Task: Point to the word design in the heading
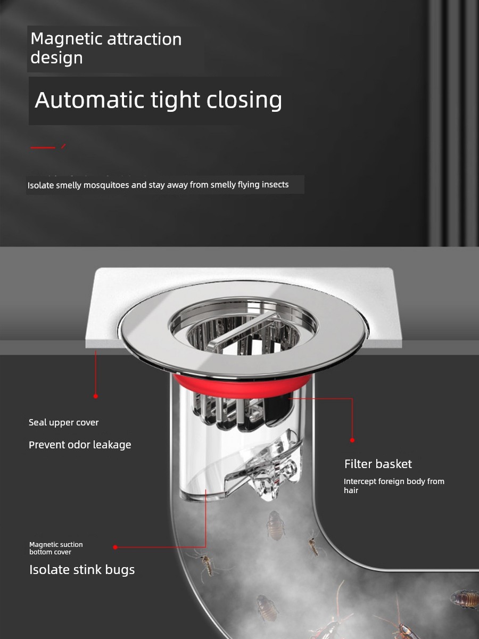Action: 56,58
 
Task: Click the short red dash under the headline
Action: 43,148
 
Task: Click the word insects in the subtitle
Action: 275,185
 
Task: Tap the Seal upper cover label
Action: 63,422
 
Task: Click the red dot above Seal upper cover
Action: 96,396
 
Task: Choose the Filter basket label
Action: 378,464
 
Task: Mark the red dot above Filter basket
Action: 352,440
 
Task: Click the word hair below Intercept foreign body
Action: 351,490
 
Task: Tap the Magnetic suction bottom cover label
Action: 56,548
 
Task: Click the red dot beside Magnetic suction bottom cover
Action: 115,547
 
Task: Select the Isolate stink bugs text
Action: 82,569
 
